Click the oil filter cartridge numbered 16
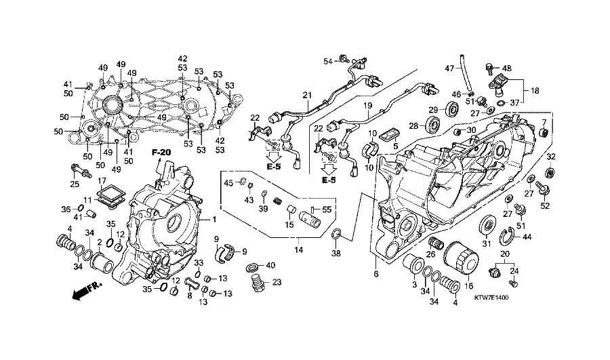click(461, 259)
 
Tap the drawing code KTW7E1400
click(491, 298)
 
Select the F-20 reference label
click(161, 153)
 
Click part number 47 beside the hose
click(449, 68)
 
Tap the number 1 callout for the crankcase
click(213, 220)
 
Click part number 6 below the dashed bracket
click(375, 274)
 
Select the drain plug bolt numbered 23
click(257, 282)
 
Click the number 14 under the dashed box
click(298, 250)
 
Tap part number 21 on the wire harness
click(307, 95)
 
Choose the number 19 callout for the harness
click(367, 106)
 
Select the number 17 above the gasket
click(102, 180)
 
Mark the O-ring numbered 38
click(336, 235)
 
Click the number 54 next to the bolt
click(329, 61)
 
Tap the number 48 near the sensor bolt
click(507, 68)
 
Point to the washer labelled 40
click(253, 268)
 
